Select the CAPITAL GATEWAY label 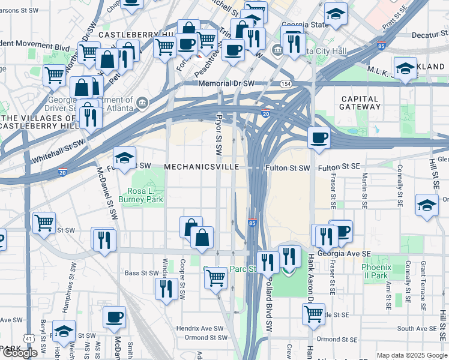(x=360, y=103)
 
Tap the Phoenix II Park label (x=376, y=271)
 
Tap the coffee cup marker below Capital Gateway (x=319, y=137)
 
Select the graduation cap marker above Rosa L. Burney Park (x=124, y=158)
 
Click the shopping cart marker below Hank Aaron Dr (x=313, y=314)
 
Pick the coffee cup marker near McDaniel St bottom (x=113, y=317)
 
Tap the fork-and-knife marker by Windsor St (x=165, y=289)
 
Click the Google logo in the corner (x=19, y=353)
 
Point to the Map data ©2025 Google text (x=411, y=355)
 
